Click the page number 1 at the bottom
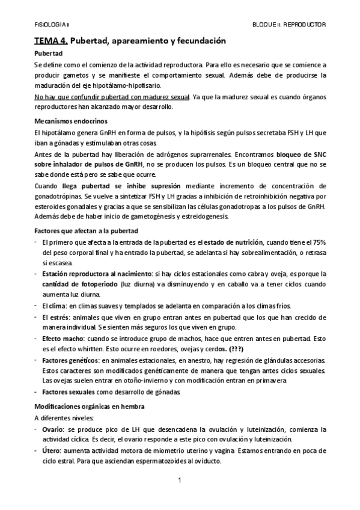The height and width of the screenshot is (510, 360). pos(180,480)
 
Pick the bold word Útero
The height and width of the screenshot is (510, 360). pos(52,450)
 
